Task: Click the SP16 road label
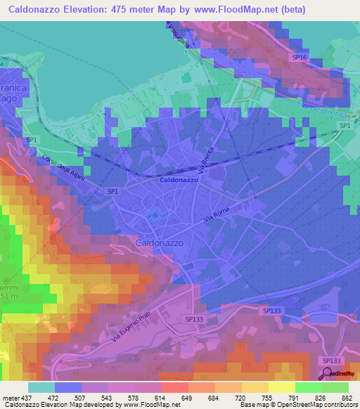[300, 57]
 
